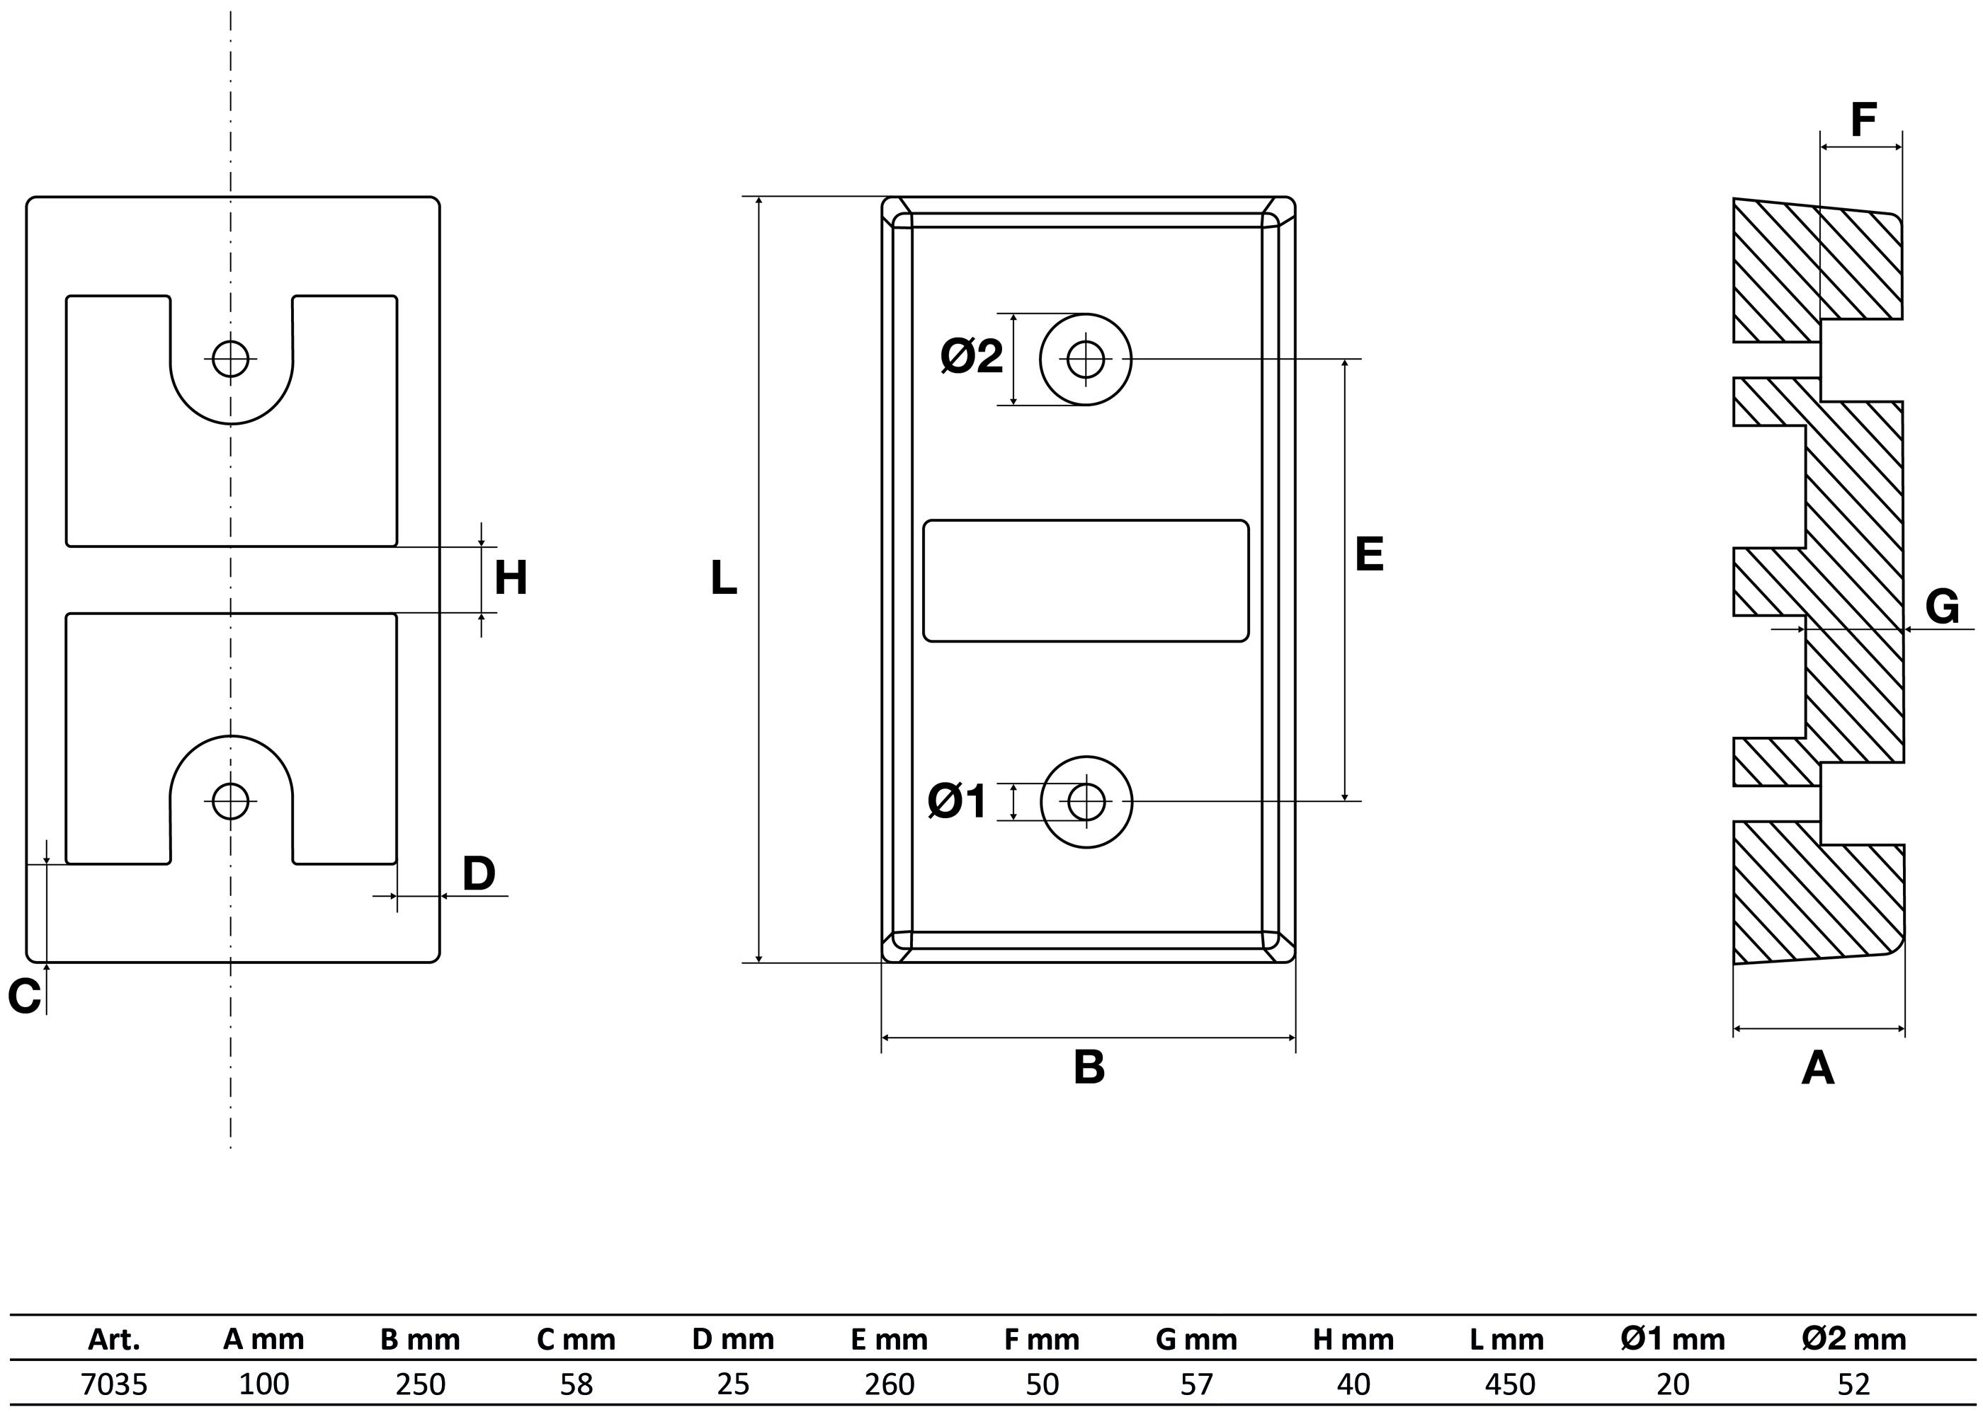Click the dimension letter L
pyautogui.click(x=724, y=578)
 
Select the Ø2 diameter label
pyautogui.click(x=972, y=357)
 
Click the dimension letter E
pyautogui.click(x=1369, y=554)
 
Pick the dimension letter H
pyautogui.click(x=511, y=578)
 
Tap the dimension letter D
pyautogui.click(x=478, y=874)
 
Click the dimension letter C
pyautogui.click(x=24, y=996)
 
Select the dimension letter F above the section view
pyautogui.click(x=1863, y=121)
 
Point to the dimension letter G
pyautogui.click(x=1942, y=606)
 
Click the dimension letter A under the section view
pyautogui.click(x=1818, y=1068)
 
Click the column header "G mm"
pyautogui.click(x=1197, y=1340)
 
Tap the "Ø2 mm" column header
pyautogui.click(x=1854, y=1340)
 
